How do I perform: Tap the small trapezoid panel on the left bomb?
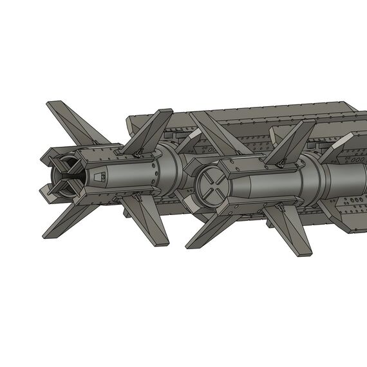98,176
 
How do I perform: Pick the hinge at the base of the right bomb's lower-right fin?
280,207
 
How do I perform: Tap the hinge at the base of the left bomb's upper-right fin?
138,153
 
